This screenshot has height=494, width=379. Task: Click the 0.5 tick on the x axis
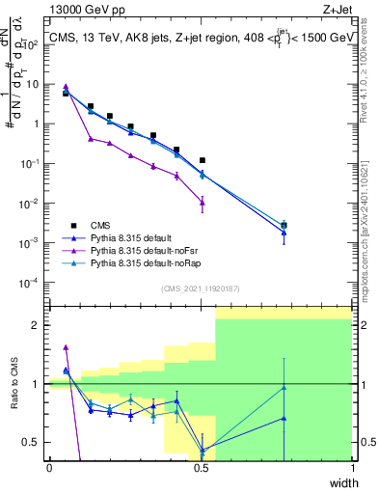[x=201, y=467]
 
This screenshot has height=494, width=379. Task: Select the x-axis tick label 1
[x=352, y=467]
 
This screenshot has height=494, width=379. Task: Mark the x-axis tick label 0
[x=50, y=467]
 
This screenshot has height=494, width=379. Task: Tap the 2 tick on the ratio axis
[x=39, y=325]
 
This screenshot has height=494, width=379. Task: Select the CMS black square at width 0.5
[x=202, y=160]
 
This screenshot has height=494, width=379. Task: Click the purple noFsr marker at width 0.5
[x=202, y=202]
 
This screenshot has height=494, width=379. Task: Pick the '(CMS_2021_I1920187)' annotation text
[x=201, y=288]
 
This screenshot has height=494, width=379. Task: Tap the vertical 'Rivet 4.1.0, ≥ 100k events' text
[x=369, y=82]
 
